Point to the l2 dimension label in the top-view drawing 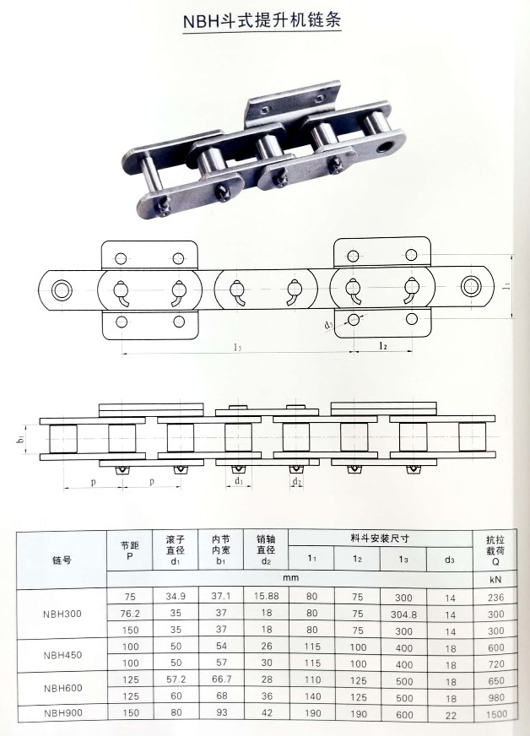pos(381,345)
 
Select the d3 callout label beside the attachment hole pos(328,324)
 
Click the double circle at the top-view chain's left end pos(61,290)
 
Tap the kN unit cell pos(495,580)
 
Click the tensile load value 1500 pos(495,715)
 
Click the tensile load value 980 pos(495,697)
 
